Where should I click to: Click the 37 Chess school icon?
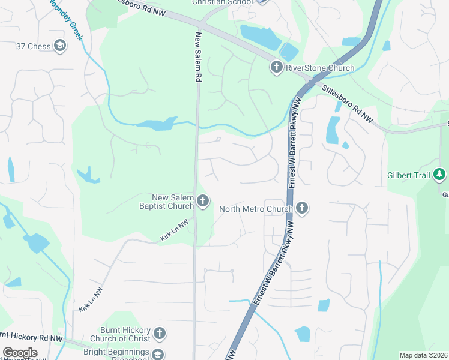pyautogui.click(x=59, y=46)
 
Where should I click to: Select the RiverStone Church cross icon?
pyautogui.click(x=277, y=67)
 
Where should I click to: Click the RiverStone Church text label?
pyautogui.click(x=319, y=67)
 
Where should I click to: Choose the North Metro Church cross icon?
pyautogui.click(x=301, y=208)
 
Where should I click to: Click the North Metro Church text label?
pyautogui.click(x=255, y=209)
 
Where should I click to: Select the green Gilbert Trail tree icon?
pyautogui.click(x=440, y=175)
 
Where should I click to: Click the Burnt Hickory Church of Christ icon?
pyautogui.click(x=159, y=333)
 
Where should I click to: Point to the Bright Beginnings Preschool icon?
pyautogui.click(x=158, y=354)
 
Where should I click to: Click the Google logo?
pyautogui.click(x=20, y=352)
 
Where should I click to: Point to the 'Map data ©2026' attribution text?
pyautogui.click(x=423, y=355)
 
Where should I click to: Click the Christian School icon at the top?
pyautogui.click(x=261, y=2)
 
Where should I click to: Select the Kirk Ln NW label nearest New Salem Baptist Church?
pyautogui.click(x=175, y=230)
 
